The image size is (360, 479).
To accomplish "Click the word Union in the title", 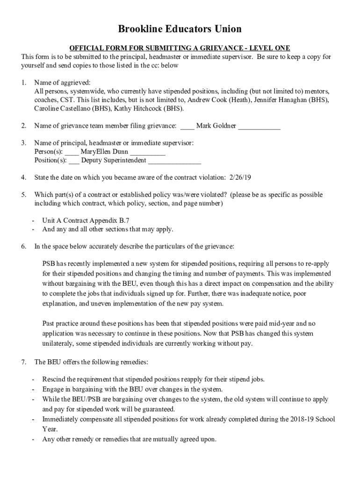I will click(x=225, y=29).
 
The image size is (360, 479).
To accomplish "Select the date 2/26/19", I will click(x=241, y=178).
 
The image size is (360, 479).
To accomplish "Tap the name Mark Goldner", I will click(x=216, y=126).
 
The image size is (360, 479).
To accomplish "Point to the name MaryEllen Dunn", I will click(x=105, y=152).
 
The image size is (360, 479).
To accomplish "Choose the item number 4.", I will click(x=23, y=178).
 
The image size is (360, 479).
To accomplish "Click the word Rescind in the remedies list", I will click(x=55, y=379).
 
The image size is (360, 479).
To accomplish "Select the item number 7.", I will click(x=23, y=362).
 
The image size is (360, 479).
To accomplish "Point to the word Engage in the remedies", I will click(x=54, y=389).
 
